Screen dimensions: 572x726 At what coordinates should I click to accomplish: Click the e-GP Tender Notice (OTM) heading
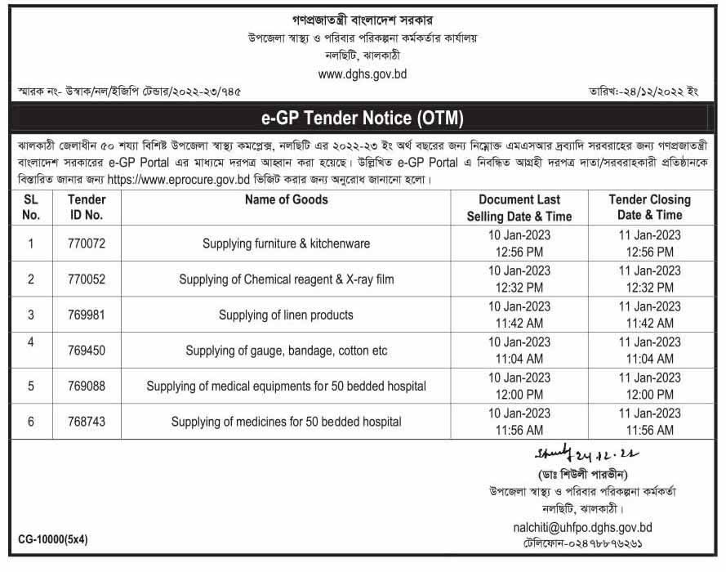tap(362, 118)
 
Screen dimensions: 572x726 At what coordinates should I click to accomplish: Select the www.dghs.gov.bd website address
tap(362, 74)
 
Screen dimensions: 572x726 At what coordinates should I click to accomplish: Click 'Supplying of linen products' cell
tap(286, 315)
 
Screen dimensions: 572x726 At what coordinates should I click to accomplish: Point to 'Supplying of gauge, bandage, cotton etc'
tap(286, 351)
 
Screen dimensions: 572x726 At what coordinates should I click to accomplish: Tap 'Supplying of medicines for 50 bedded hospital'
tap(286, 422)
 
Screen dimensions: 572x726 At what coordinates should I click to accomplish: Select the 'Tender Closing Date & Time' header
tap(649, 208)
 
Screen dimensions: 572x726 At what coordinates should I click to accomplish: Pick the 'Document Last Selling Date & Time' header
tap(519, 208)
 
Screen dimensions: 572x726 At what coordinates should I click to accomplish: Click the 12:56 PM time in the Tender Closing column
tap(649, 251)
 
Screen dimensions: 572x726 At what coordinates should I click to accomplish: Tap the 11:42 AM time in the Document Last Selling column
tap(519, 323)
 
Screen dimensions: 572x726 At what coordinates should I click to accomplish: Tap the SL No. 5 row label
tap(31, 386)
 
